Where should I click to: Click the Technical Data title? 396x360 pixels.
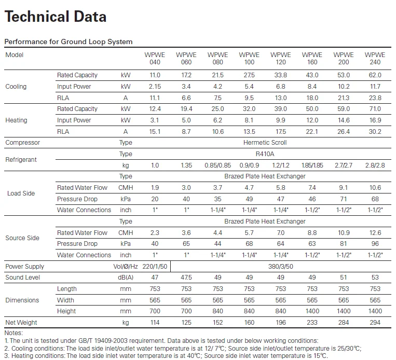pos(56,17)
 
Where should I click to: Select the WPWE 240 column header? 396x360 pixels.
pos(375,59)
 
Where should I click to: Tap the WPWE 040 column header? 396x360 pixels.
pos(155,59)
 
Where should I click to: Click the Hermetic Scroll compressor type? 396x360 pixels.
pos(265,143)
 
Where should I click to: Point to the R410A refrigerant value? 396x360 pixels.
pos(265,154)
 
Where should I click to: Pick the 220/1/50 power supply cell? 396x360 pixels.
pos(155,267)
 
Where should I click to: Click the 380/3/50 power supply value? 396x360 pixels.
pos(281,267)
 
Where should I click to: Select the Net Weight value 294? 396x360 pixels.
pos(375,323)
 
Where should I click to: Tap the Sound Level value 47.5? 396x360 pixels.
pos(186,278)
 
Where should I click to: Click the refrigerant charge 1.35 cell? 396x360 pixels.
pos(186,165)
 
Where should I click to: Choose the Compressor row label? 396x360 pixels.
pos(23,143)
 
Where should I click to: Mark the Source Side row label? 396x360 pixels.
pos(22,238)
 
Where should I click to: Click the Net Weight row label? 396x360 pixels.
pos(21,323)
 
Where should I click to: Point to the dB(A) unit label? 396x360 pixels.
pos(126,278)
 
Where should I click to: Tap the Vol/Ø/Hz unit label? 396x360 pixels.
pos(126,267)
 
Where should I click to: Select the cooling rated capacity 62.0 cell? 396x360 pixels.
pos(375,75)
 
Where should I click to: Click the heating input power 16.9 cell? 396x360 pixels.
pos(375,120)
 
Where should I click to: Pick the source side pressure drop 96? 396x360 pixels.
pos(375,244)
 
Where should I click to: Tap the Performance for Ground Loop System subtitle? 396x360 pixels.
pos(69,41)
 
